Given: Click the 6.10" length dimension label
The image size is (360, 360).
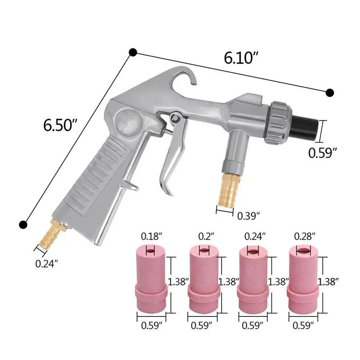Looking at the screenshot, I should (x=241, y=58).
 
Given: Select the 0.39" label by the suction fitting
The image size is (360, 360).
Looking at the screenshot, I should (x=248, y=216).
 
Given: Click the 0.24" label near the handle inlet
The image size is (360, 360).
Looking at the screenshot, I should (x=46, y=264).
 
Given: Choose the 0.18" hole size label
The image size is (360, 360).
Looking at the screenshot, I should (x=152, y=237).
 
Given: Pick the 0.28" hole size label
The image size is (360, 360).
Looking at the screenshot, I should (x=305, y=236).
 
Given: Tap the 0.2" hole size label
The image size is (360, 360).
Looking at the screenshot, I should (x=207, y=236).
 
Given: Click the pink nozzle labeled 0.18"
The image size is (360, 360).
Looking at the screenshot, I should (x=150, y=281).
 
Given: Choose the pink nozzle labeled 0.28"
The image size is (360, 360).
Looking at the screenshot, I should (x=303, y=281).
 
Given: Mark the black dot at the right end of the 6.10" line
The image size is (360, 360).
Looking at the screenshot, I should (x=329, y=93).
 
